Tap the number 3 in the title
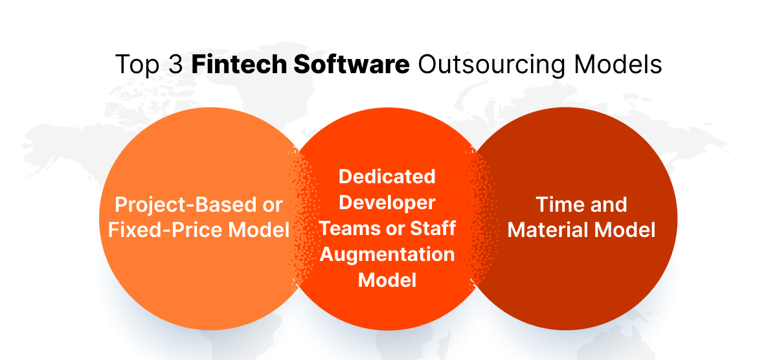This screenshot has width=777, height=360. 174,65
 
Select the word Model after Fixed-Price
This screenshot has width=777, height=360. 254,230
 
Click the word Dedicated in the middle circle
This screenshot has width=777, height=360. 387,176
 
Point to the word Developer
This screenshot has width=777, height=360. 387,202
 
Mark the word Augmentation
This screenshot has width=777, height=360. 387,254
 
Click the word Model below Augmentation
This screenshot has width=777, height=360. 387,280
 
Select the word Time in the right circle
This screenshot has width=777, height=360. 559,205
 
